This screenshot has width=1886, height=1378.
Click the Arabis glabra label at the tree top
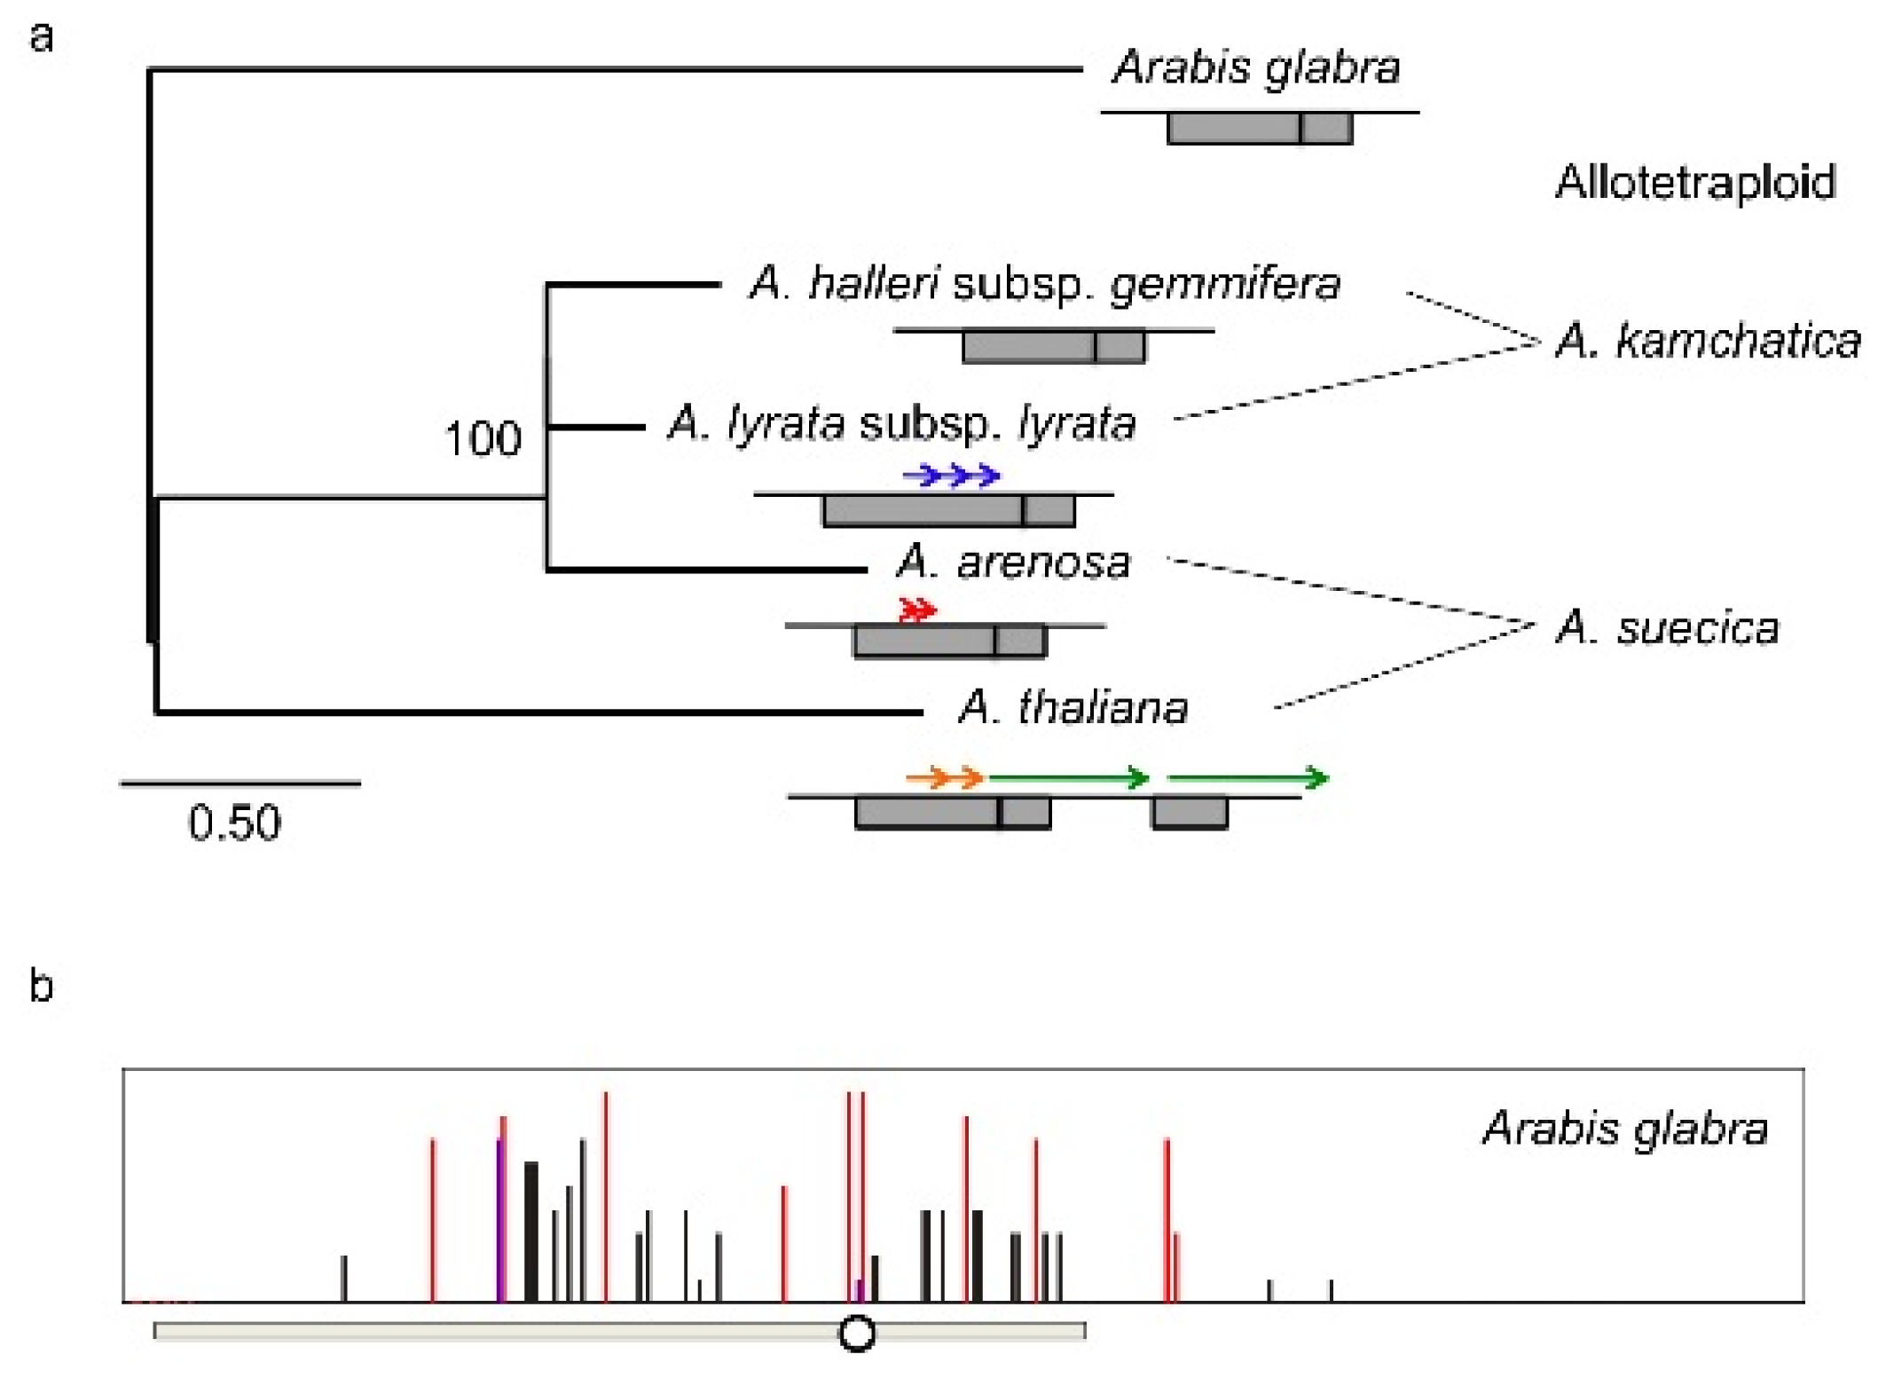[x=1256, y=67]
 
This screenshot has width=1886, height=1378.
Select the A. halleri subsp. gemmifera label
[x=1044, y=284]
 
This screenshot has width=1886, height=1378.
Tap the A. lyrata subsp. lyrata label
[x=901, y=423]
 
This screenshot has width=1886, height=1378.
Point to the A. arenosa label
[x=1014, y=562]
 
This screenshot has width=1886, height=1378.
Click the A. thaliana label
[x=1073, y=707]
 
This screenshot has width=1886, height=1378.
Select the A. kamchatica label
[x=1708, y=341]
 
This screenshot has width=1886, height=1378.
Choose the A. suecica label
[x=1668, y=627]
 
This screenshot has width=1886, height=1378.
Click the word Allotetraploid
[x=1695, y=182]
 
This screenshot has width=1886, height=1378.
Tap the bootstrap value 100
[x=482, y=438]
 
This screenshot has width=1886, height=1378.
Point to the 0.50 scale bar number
[x=234, y=823]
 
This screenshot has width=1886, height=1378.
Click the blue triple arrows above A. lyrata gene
[x=952, y=476]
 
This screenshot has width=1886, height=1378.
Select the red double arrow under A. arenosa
[x=917, y=610]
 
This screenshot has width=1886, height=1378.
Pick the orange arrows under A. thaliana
[x=945, y=778]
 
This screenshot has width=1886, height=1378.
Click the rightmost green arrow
[x=1247, y=778]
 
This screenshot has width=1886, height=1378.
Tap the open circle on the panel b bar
[x=857, y=1333]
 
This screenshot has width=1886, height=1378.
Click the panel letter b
[x=41, y=985]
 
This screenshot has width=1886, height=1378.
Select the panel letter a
[x=41, y=37]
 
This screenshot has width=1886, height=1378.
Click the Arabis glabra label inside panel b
[x=1625, y=1129]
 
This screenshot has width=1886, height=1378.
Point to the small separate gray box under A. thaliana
[x=1190, y=813]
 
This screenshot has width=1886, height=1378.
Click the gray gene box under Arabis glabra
[x=1260, y=129]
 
